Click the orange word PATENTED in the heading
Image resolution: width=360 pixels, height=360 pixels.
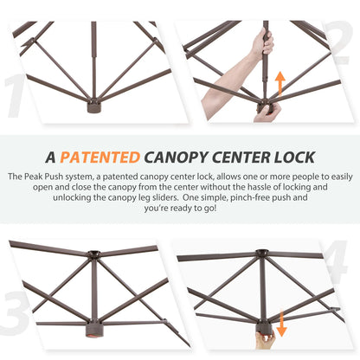coord(100,157)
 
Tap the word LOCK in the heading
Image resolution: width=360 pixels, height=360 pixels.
coord(294,157)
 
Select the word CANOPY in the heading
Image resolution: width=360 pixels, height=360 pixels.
coord(176,157)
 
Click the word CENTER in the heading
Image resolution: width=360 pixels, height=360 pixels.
coord(241,157)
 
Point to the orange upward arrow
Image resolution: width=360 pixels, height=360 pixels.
coord(280,84)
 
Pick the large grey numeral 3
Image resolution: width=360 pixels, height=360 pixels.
coord(15,312)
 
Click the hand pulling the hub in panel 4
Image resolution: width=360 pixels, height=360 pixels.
coord(265,340)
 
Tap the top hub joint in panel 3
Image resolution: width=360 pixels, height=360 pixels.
coord(94,254)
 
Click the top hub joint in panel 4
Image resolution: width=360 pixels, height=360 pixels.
coord(262,254)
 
